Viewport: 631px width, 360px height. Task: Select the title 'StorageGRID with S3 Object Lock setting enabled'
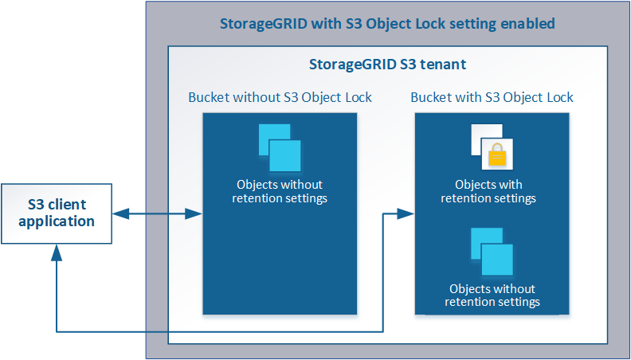click(x=387, y=23)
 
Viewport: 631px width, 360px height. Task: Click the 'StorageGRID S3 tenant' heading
click(x=387, y=62)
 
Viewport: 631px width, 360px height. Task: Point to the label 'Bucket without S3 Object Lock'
click(x=280, y=97)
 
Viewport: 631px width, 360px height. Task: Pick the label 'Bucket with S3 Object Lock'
click(x=492, y=97)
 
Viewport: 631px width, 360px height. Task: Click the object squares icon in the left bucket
click(x=279, y=147)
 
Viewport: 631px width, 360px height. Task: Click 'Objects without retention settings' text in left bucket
click(x=279, y=191)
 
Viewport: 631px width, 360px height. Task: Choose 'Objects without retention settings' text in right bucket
click(x=492, y=295)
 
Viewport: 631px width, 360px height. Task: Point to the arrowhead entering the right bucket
click(x=407, y=213)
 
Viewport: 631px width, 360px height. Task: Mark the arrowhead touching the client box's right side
click(x=120, y=213)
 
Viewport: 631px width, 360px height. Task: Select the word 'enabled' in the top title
click(x=527, y=23)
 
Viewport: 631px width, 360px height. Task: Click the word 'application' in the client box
click(x=57, y=221)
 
